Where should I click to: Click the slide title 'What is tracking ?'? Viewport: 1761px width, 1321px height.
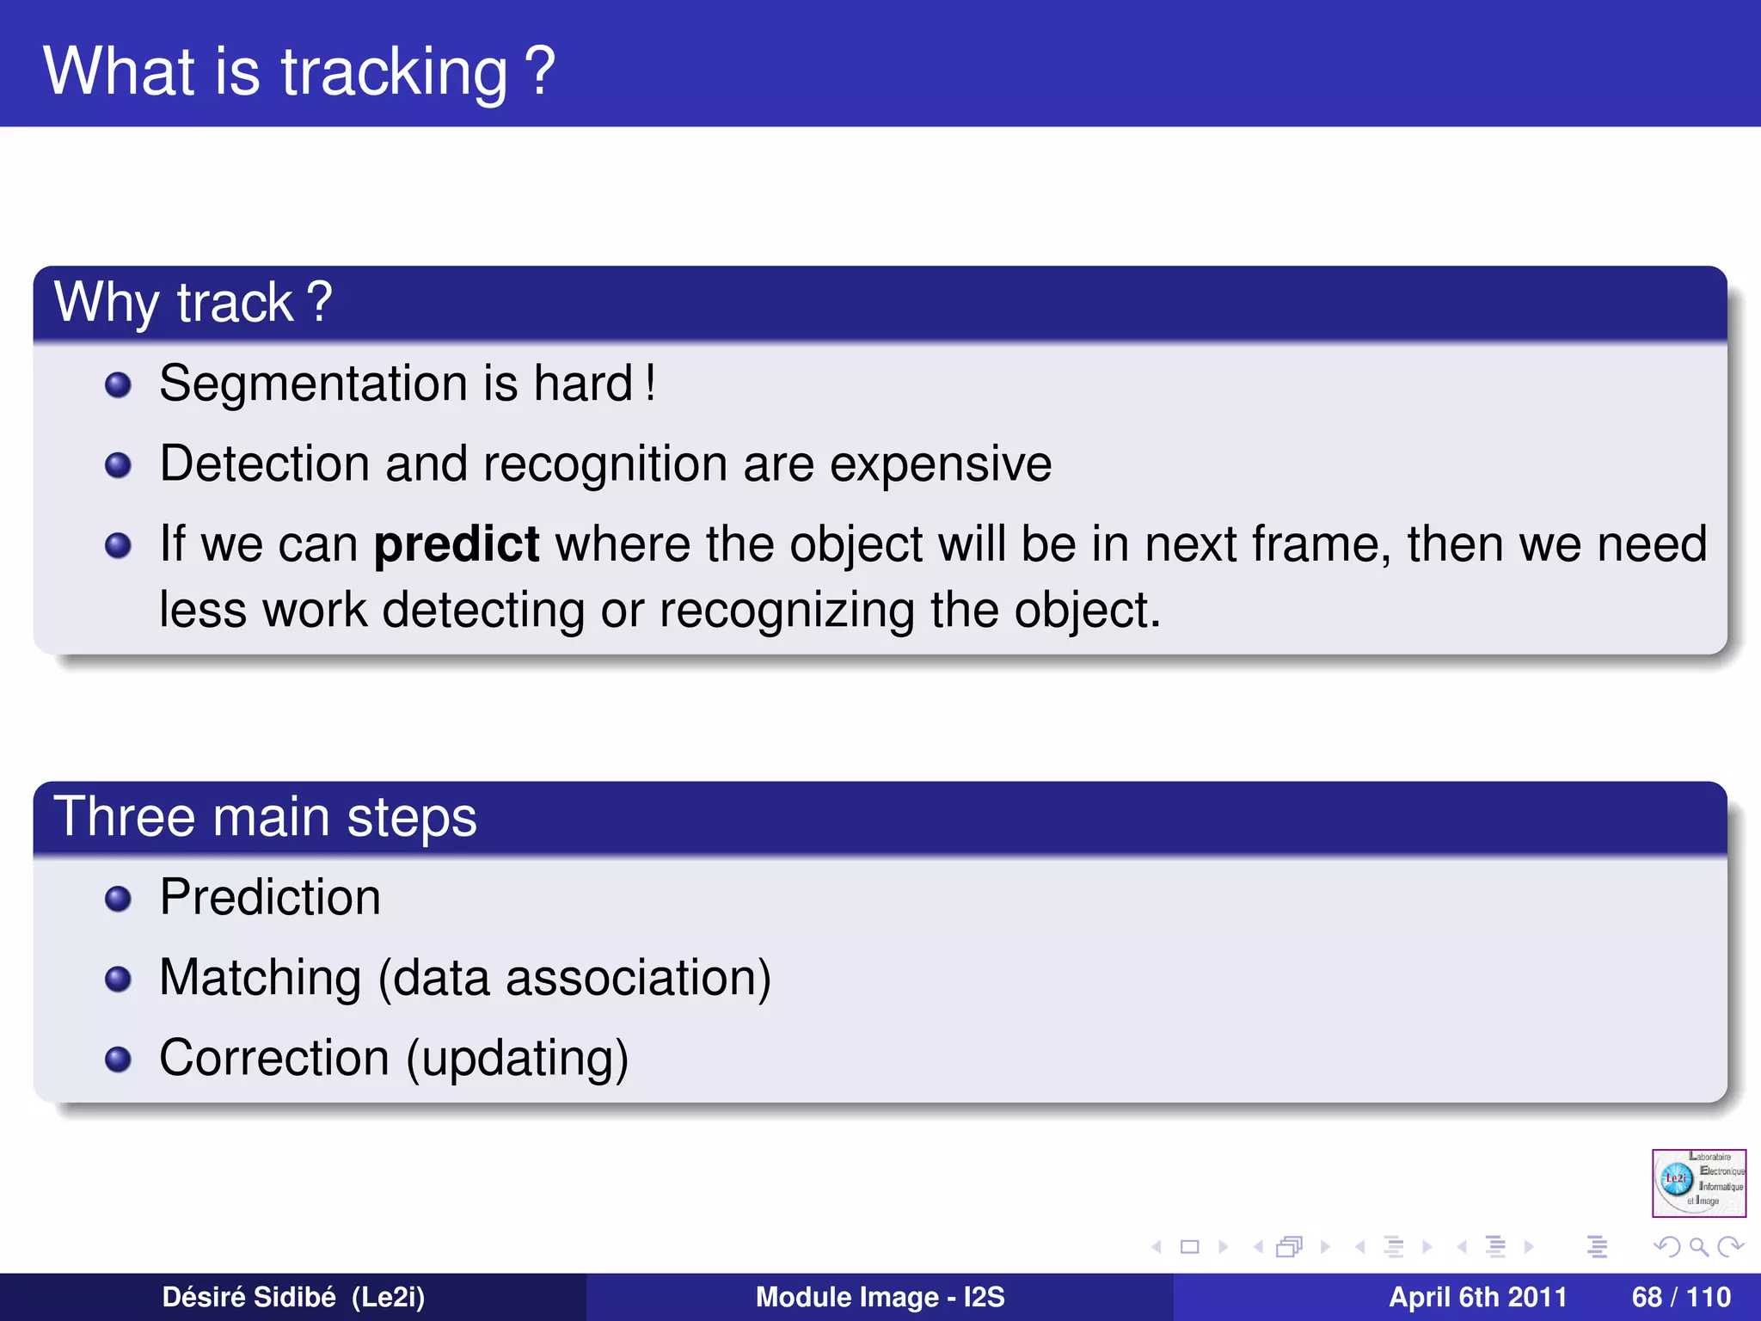pos(298,71)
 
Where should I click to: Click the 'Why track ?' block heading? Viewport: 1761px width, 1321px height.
pos(193,303)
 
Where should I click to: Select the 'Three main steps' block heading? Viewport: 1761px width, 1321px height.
pos(265,817)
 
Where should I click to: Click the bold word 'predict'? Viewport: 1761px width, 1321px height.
pos(457,545)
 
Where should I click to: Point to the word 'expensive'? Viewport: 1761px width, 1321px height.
pos(940,464)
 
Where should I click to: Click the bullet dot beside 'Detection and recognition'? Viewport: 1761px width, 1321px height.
pos(118,466)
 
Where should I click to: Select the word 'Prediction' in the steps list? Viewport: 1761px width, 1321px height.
pos(270,898)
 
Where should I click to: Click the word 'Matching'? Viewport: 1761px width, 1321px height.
pos(260,979)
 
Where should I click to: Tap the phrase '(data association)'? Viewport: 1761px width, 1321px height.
pos(574,979)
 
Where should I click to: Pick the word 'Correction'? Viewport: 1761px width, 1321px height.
pos(274,1058)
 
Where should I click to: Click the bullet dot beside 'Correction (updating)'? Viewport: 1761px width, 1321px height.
pos(118,1060)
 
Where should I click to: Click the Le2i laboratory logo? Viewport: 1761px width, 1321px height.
pos(1698,1183)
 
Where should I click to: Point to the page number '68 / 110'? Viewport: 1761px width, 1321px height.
pos(1680,1297)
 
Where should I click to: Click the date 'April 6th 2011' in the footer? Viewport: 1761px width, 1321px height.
pos(1477,1297)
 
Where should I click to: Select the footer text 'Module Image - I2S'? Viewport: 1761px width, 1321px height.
pos(880,1297)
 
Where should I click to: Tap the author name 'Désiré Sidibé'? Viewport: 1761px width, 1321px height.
pos(249,1297)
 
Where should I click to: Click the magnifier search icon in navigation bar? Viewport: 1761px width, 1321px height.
pos(1698,1247)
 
